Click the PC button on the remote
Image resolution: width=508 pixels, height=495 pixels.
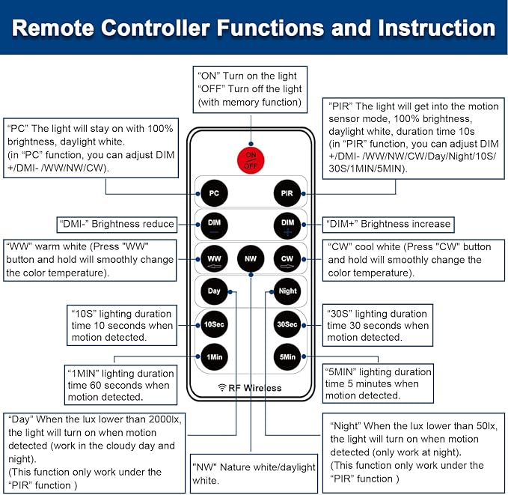tap(214, 193)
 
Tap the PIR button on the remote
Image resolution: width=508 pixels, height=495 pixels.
tap(287, 193)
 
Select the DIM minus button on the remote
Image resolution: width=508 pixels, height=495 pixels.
tap(214, 225)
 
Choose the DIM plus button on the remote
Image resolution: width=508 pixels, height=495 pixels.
tap(287, 225)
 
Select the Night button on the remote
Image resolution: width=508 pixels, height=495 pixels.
tap(287, 291)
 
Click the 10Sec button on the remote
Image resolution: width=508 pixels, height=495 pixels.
tap(214, 324)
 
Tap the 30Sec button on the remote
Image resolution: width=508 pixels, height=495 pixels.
tap(287, 324)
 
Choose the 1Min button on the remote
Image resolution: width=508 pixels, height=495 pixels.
tap(214, 356)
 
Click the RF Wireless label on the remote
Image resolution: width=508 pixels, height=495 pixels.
tap(251, 388)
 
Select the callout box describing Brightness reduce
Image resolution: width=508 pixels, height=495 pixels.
tap(117, 224)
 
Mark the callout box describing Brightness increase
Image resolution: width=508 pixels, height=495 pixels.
tap(388, 223)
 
